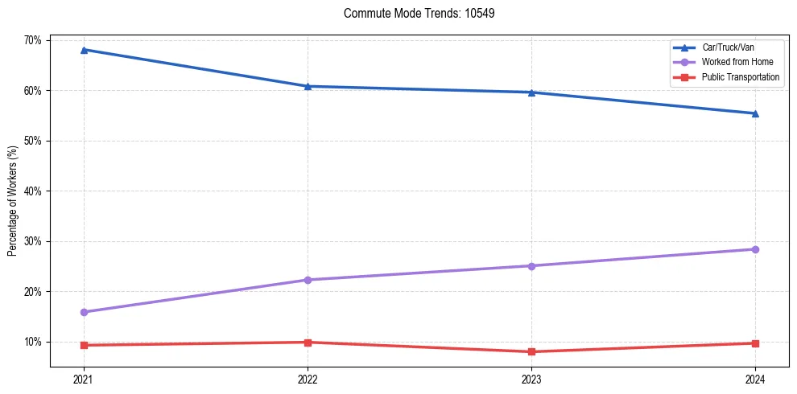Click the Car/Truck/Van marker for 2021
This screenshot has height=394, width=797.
84,50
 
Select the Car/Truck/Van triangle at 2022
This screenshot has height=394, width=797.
308,86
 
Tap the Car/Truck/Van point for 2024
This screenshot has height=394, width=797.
755,113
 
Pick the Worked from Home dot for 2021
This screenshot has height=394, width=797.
84,312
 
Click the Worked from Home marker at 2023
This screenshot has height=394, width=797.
531,266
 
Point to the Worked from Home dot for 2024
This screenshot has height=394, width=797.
755,249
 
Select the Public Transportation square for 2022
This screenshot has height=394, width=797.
308,343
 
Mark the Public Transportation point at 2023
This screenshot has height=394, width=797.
531,351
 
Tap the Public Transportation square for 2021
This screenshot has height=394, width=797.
84,345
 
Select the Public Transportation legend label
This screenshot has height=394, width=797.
740,77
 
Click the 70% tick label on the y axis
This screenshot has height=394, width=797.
32,40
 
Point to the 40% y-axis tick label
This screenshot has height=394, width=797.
32,191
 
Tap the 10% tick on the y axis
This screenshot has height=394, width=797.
32,342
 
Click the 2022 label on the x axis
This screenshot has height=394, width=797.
308,380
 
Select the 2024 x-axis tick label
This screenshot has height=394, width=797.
755,380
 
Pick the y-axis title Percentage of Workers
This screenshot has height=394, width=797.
13,201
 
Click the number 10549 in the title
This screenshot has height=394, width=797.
480,14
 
